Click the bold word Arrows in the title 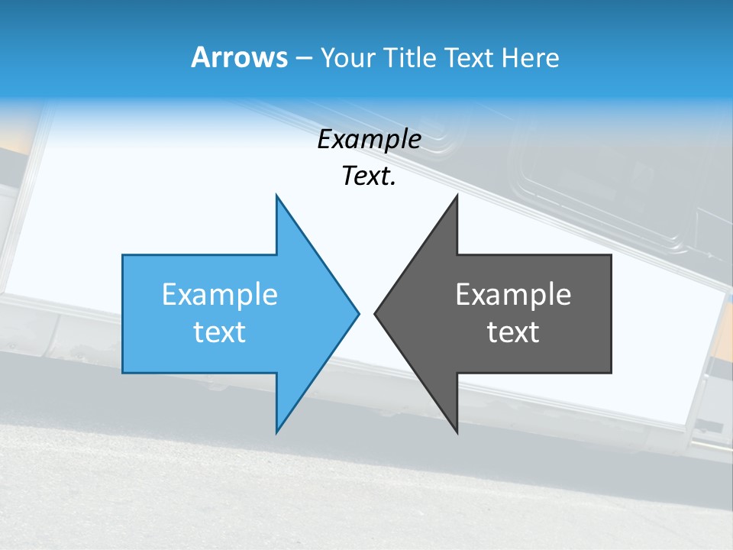coord(239,57)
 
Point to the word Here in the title coord(530,58)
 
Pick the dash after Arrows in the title coord(302,59)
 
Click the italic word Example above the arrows coord(370,140)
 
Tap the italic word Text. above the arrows coord(370,176)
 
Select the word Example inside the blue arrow coord(220,295)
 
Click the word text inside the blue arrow coord(220,332)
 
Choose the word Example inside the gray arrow coord(513,295)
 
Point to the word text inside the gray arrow coord(513,332)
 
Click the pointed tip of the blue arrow coord(358,313)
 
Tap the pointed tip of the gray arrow coord(376,313)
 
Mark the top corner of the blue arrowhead coord(276,196)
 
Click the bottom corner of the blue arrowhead coord(276,432)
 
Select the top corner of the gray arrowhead coord(457,196)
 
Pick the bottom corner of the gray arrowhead coord(457,432)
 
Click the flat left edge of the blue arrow coord(123,313)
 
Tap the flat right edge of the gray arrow coord(611,313)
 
